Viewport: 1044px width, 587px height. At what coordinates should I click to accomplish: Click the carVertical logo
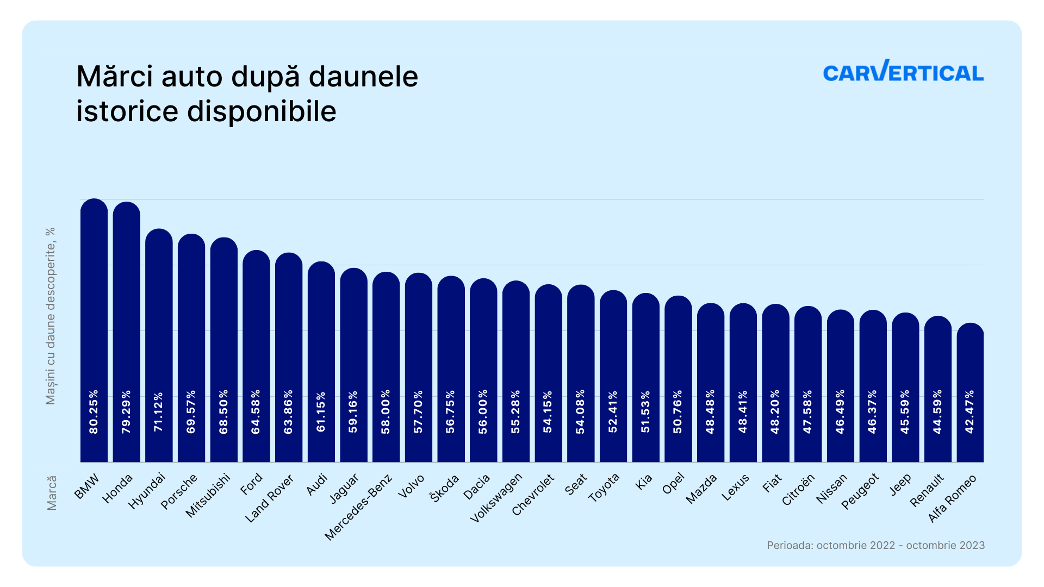coord(903,72)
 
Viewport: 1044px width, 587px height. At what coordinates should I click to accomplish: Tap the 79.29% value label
coord(127,411)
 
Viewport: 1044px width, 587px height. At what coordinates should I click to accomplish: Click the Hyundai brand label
coord(147,491)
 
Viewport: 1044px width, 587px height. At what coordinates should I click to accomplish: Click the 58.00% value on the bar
coord(386,411)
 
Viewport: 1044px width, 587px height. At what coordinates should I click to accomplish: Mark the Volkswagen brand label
coord(496,498)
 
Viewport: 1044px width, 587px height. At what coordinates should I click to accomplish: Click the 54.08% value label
coord(581,411)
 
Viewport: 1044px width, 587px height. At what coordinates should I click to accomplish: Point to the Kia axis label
coord(644,482)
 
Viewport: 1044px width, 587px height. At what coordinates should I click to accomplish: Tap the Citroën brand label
coord(798,490)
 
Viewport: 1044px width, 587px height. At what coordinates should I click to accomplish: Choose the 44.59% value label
coord(938,411)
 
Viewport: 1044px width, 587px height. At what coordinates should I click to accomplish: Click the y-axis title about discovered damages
coord(51,316)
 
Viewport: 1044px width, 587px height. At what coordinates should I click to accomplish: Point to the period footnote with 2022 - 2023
coord(875,545)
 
